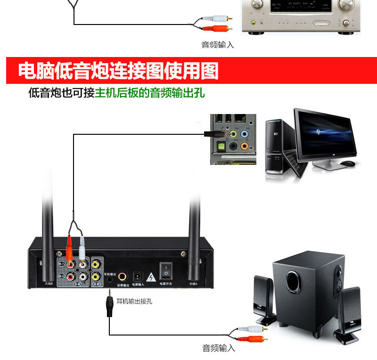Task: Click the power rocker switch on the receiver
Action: pos(166,270)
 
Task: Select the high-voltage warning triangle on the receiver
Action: pos(151,277)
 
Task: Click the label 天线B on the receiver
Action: pos(49,284)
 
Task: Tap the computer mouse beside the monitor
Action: pos(347,164)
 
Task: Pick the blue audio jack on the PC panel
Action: pos(245,134)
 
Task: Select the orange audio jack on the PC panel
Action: pos(244,146)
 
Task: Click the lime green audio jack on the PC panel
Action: pos(233,134)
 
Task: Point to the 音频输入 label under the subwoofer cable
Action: pos(218,349)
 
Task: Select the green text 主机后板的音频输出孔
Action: pos(150,93)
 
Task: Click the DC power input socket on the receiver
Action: pos(139,276)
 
